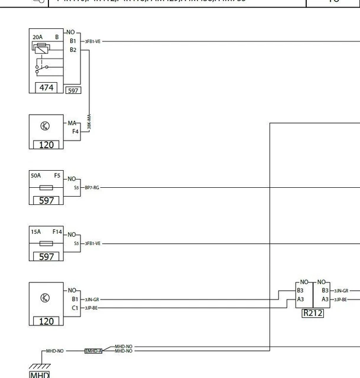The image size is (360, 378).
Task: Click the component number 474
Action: click(46, 87)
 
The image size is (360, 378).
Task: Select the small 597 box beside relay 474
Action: click(73, 90)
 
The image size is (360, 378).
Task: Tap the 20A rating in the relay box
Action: click(37, 37)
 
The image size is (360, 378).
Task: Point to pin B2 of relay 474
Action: click(73, 50)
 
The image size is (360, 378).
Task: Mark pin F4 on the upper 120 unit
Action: click(76, 131)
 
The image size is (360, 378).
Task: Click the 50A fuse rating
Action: click(35, 175)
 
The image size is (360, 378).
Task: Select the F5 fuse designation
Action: click(57, 175)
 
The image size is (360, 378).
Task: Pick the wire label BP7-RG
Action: click(92, 187)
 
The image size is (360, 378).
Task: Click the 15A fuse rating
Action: click(35, 232)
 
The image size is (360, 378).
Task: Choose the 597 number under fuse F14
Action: click(46, 256)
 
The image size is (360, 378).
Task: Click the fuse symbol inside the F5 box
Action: click(46, 187)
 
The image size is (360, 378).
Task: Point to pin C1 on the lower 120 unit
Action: click(75, 308)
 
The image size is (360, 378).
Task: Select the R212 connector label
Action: click(312, 313)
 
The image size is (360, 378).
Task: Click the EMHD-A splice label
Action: click(93, 350)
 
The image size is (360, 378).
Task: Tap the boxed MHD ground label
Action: click(40, 374)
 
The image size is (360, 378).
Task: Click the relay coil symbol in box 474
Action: click(40, 50)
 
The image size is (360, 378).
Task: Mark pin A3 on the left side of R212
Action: click(300, 299)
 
